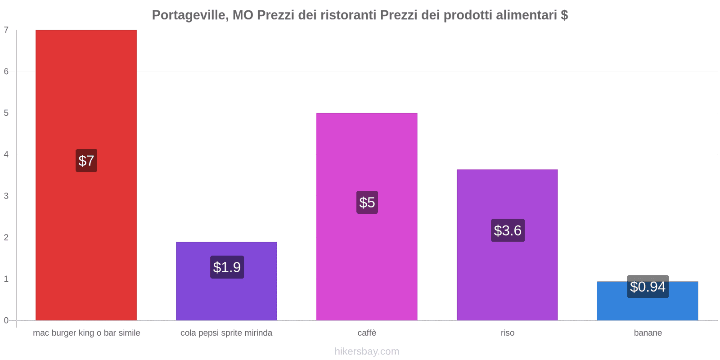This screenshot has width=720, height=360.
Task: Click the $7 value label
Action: coord(86,161)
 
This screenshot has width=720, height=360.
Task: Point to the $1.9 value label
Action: coord(227,267)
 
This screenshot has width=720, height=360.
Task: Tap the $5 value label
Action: coord(367,202)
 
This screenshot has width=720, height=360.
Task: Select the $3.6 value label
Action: coord(507,230)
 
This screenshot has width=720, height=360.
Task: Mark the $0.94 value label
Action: coord(648,287)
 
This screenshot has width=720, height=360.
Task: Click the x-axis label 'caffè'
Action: coord(367,333)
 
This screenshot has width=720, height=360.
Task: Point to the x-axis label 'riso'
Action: coord(507,333)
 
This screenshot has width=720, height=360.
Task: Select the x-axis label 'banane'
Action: coord(648,333)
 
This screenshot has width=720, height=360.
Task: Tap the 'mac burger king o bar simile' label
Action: coord(86,333)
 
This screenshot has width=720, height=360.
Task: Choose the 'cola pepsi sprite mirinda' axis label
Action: coord(226,333)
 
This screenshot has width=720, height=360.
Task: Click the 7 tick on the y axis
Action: coord(6,30)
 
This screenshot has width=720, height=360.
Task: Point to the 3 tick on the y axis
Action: coord(6,196)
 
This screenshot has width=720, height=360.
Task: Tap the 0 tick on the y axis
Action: coord(6,320)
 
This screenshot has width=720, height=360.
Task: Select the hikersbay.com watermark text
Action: coord(367,351)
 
